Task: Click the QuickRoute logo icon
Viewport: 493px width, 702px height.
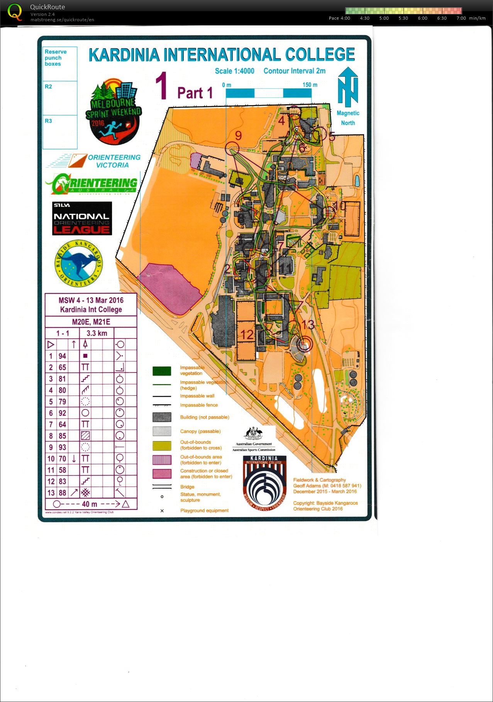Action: tap(15, 12)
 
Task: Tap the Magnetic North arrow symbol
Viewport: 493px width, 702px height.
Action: tap(348, 87)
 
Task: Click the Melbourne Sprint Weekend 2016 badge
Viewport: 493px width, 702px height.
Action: tap(113, 112)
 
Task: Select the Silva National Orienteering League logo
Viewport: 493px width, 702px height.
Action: tap(82, 218)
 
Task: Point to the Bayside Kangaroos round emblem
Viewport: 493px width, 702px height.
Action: tap(78, 264)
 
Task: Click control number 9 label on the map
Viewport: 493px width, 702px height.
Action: tap(238, 135)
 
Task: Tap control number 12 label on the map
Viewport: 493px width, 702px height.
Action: tap(247, 335)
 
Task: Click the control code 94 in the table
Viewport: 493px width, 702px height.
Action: tap(62, 356)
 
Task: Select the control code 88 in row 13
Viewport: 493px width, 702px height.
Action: tap(62, 493)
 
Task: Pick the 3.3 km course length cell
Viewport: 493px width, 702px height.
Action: tap(97, 333)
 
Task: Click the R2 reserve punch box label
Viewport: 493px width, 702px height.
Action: tap(48, 86)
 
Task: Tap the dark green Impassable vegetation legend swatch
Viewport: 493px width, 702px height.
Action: tap(162, 371)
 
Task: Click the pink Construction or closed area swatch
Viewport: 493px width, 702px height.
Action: tap(162, 474)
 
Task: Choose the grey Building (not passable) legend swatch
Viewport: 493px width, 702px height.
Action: tap(162, 417)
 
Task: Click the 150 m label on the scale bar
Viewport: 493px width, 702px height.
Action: tap(310, 85)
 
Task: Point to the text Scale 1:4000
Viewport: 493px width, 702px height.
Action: tap(234, 71)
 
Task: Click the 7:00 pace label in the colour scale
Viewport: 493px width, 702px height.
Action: tap(461, 18)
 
